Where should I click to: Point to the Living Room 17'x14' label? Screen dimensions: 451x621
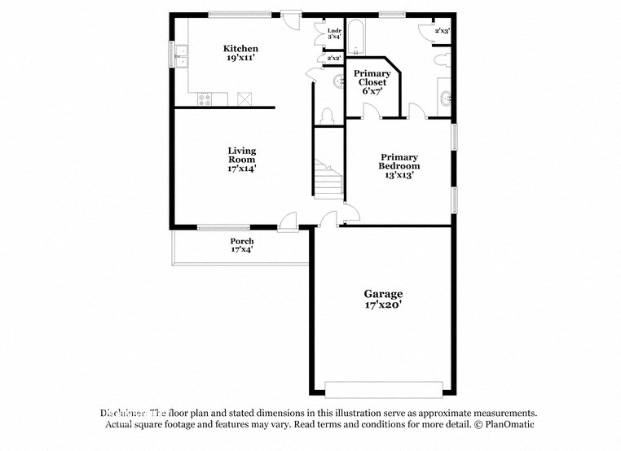click(x=242, y=160)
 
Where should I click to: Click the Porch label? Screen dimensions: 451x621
click(x=242, y=245)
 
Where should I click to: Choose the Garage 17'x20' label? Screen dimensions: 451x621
click(x=383, y=299)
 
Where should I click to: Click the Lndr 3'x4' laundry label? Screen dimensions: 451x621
click(x=334, y=33)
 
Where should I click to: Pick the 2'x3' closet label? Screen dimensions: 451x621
click(x=442, y=31)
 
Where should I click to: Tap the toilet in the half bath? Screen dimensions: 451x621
click(x=328, y=116)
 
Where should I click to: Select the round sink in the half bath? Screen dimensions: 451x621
click(x=338, y=81)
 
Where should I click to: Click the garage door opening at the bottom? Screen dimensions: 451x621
click(x=384, y=388)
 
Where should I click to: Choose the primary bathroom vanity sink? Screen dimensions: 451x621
click(x=445, y=99)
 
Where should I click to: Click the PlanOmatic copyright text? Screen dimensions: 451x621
click(x=498, y=425)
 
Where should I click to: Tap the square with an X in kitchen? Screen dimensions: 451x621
click(x=244, y=99)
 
